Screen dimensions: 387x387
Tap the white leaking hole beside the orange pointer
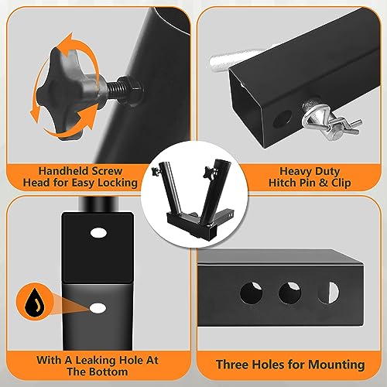tap(98, 308)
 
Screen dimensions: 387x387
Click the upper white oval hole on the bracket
tap(98, 231)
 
